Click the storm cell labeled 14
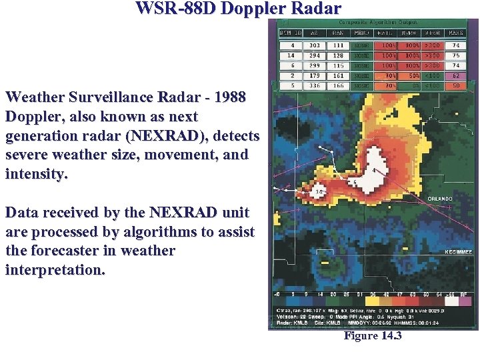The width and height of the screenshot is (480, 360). coord(319,193)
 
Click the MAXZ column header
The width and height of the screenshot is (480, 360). coord(455,32)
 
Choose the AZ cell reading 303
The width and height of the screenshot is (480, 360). coord(314,46)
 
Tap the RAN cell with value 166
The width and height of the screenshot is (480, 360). coord(338,86)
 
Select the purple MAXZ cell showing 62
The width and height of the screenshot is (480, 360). coord(456,76)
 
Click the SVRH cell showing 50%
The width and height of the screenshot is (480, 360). coord(409,76)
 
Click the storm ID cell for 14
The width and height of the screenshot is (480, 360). coord(291,56)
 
